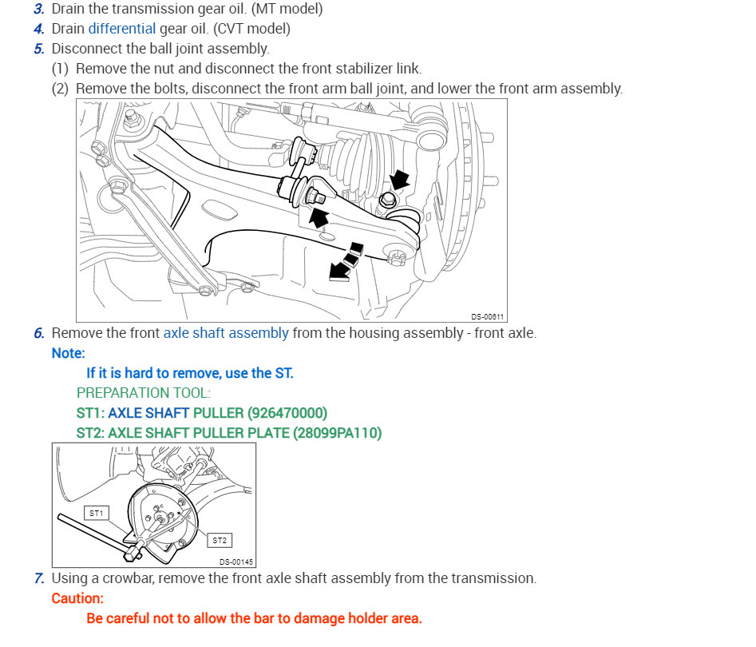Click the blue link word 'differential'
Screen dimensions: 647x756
[122, 29]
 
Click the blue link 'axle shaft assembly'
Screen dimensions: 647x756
[226, 332]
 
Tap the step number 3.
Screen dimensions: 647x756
[39, 9]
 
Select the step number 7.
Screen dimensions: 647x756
[39, 578]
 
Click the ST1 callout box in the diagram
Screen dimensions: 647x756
[97, 513]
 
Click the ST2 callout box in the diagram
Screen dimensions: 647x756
[220, 540]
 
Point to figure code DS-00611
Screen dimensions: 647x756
[487, 316]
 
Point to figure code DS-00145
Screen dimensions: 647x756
[236, 562]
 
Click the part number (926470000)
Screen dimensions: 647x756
[287, 413]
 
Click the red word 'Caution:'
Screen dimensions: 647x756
[77, 597]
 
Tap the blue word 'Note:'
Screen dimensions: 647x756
[68, 352]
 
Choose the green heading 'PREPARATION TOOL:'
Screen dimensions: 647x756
[144, 393]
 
